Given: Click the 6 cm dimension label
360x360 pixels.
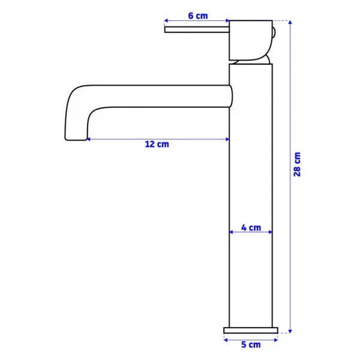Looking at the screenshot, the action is coord(198,16).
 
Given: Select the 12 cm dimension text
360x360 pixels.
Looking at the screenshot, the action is coord(157,144).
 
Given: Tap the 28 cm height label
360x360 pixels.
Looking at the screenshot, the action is coord(297,164).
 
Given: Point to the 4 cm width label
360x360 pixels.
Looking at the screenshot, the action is coord(251,227).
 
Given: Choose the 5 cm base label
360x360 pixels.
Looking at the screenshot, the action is coord(251,344).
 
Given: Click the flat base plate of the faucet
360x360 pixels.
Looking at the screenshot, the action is coord(251,330).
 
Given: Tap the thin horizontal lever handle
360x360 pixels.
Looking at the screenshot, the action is coord(197,29).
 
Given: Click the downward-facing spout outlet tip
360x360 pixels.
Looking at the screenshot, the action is coord(76,139).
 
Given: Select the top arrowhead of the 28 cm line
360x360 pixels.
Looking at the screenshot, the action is coord(290,22).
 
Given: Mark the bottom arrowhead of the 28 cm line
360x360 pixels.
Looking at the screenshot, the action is coord(290,331).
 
